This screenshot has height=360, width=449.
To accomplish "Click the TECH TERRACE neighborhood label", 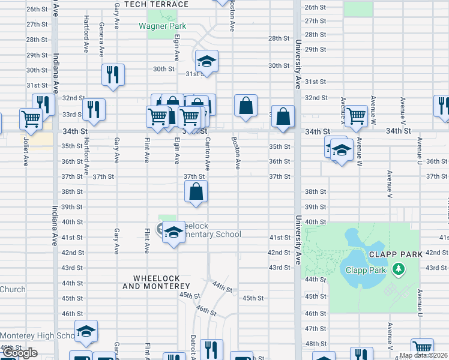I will coord(156,4).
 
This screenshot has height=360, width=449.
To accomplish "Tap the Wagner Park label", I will coord(162,26).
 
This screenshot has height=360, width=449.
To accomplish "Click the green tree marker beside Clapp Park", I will coord(397,269).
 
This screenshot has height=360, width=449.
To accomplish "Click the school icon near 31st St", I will coord(206,61).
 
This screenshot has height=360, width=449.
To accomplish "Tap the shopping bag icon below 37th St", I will coord(196,193).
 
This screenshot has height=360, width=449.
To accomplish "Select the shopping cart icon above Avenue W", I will coord(356,115).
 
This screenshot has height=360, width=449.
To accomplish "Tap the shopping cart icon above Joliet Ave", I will coord(31,118).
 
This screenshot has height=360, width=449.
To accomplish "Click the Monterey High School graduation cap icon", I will coord(86,331).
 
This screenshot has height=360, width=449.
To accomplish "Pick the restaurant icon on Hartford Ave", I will coord(94,109).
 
